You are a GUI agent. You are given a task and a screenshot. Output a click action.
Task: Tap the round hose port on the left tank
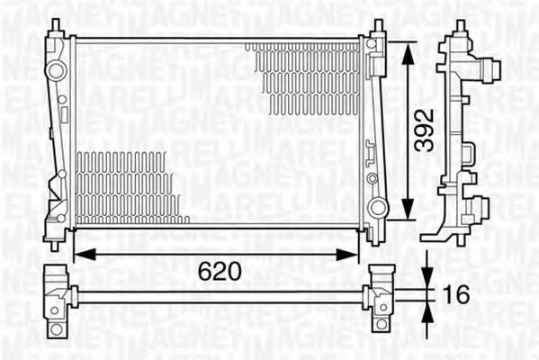[x=57, y=69]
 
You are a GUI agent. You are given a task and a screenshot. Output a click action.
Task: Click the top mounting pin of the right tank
[x=378, y=26]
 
